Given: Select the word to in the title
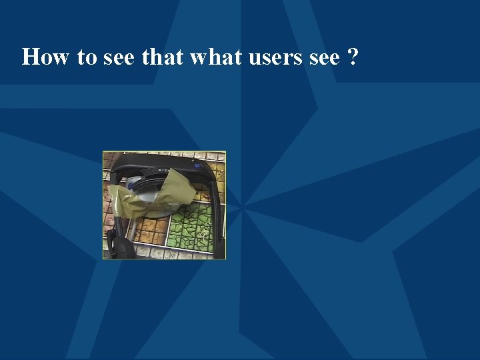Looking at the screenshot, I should pos(87,57).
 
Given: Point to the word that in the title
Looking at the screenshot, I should pos(163,57).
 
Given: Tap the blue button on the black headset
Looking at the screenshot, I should pos(197,159).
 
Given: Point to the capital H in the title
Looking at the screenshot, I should pos(30,57).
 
